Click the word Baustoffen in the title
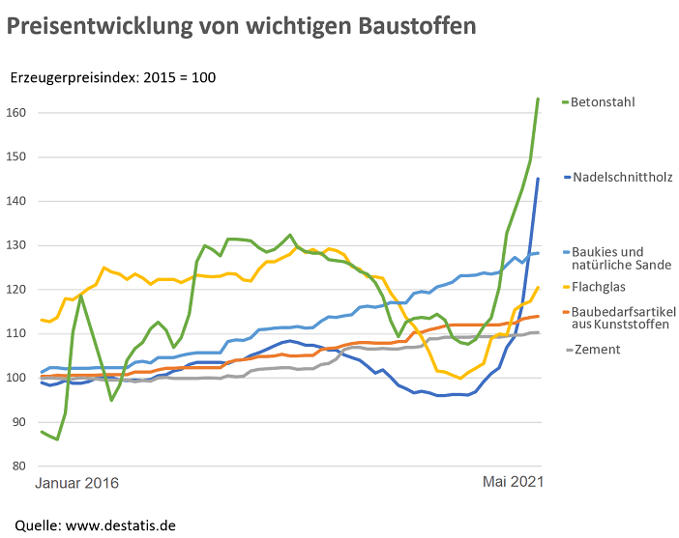click(417, 26)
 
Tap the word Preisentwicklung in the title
click(100, 27)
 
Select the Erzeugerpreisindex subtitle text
click(112, 78)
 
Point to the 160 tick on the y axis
click(16, 113)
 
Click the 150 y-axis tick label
click(16, 157)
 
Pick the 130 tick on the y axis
click(16, 245)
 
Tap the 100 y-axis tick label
click(16, 378)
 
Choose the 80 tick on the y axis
click(19, 467)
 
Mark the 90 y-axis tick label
click(19, 422)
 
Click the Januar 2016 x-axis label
click(76, 483)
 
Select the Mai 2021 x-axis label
click(513, 482)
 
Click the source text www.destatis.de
click(120, 525)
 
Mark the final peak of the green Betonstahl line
click(538, 99)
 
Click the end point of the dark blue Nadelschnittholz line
click(538, 179)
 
